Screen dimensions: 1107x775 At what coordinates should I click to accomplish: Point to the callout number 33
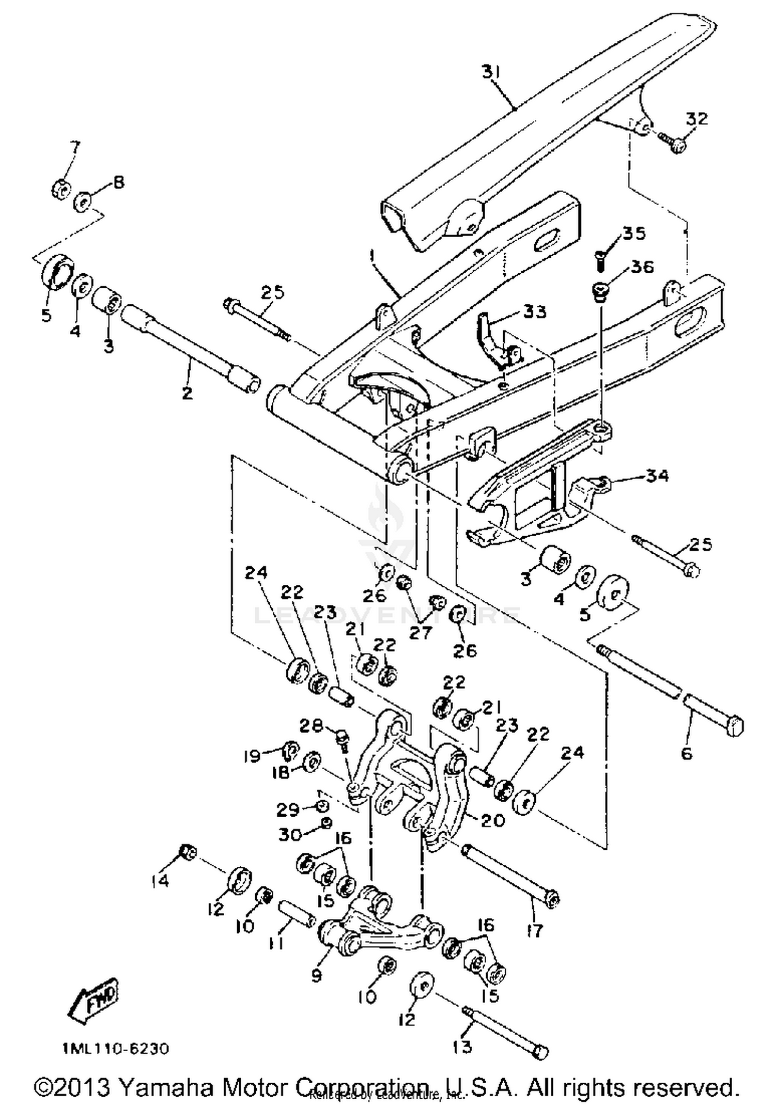535,312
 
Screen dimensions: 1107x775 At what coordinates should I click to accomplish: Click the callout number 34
658,475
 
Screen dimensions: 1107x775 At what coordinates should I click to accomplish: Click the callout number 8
119,182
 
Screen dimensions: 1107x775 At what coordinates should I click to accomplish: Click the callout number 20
492,820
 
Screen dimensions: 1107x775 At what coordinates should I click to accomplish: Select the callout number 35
634,233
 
